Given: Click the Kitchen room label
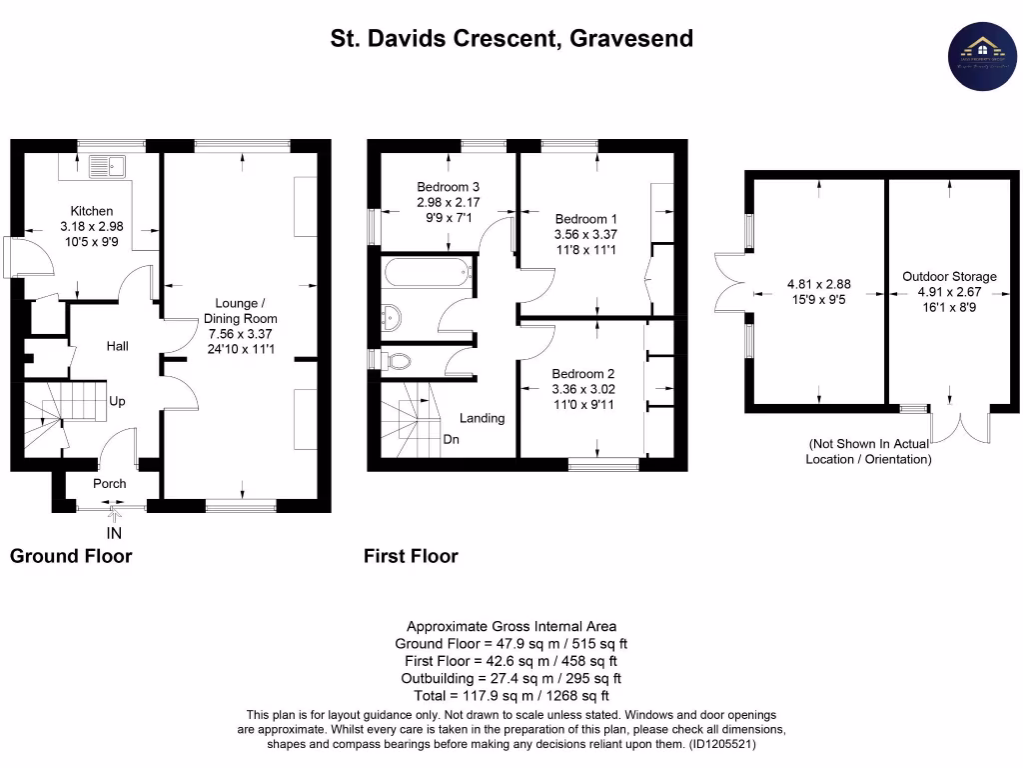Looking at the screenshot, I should pos(91,211).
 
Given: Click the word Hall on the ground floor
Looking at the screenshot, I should pos(118,346).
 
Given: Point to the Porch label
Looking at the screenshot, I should pos(110,483).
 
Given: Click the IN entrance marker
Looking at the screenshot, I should pos(114,533).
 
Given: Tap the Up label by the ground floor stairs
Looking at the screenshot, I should pos(117,401).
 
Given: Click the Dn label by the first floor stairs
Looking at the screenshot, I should pos(452,438).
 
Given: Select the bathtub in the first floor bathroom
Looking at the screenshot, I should pos(424,270).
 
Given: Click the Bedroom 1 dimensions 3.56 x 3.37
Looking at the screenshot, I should pos(586,235).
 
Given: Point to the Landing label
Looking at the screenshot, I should pos(482,418).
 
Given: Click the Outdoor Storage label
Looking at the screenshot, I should pos(949,276).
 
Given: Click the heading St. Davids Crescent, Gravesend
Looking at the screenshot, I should pos(511,39).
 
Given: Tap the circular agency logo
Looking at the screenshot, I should pos(982,55).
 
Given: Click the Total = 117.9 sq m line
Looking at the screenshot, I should pos(511,695).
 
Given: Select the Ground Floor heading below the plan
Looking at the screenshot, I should pos(71,556).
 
